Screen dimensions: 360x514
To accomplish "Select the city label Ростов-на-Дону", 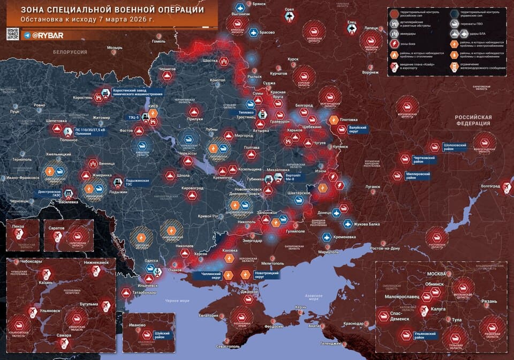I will [x=381, y=249].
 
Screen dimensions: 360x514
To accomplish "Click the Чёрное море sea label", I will [x=177, y=301].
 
